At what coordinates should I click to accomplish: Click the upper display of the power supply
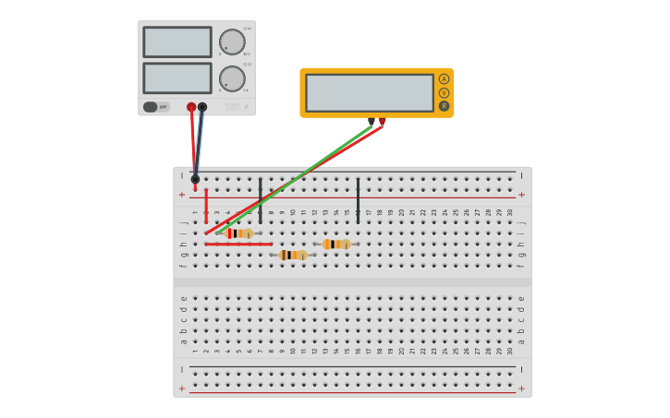(x=177, y=42)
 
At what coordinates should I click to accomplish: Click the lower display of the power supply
(x=177, y=78)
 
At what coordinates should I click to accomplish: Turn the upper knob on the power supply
(x=232, y=42)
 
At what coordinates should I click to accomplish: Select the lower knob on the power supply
(x=232, y=78)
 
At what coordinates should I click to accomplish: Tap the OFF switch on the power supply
(x=156, y=107)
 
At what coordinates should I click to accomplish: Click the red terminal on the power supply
(x=191, y=107)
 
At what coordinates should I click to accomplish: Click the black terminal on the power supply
(x=202, y=107)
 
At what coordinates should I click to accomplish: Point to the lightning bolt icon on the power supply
(x=247, y=107)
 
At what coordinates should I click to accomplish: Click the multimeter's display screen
(x=369, y=92)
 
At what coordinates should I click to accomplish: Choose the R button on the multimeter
(x=445, y=106)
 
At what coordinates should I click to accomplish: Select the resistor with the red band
(x=238, y=233)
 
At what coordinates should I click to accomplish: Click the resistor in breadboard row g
(x=293, y=255)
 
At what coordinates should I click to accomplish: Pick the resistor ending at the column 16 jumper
(x=336, y=245)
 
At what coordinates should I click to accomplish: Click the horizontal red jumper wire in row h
(x=238, y=245)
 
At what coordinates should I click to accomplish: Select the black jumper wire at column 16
(x=359, y=200)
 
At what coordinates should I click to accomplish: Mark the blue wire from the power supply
(x=199, y=143)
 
